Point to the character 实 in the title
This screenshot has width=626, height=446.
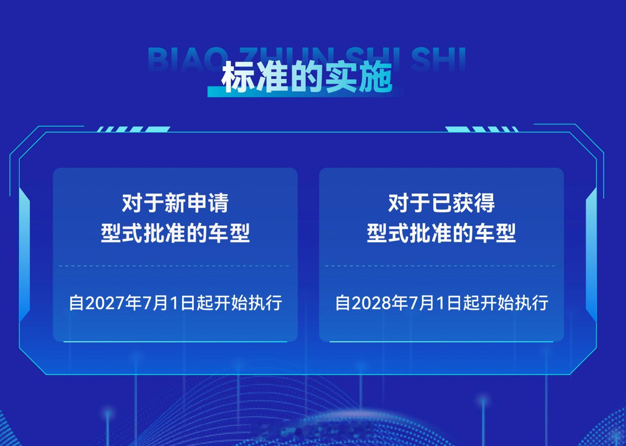pyautogui.click(x=341, y=77)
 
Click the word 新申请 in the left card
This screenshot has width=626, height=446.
pyautogui.click(x=197, y=203)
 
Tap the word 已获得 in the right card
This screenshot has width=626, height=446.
pyautogui.click(x=463, y=203)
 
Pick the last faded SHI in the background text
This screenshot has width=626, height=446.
pyautogui.click(x=438, y=59)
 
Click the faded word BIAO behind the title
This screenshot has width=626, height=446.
pyautogui.click(x=186, y=59)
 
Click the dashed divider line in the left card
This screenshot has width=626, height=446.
pyautogui.click(x=174, y=266)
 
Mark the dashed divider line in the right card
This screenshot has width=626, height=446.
pyautogui.click(x=440, y=266)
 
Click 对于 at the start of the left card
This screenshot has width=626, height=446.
pyautogui.click(x=143, y=203)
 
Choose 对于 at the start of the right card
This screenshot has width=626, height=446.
pyautogui.click(x=409, y=203)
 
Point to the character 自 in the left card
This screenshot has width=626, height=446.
pyautogui.click(x=76, y=303)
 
